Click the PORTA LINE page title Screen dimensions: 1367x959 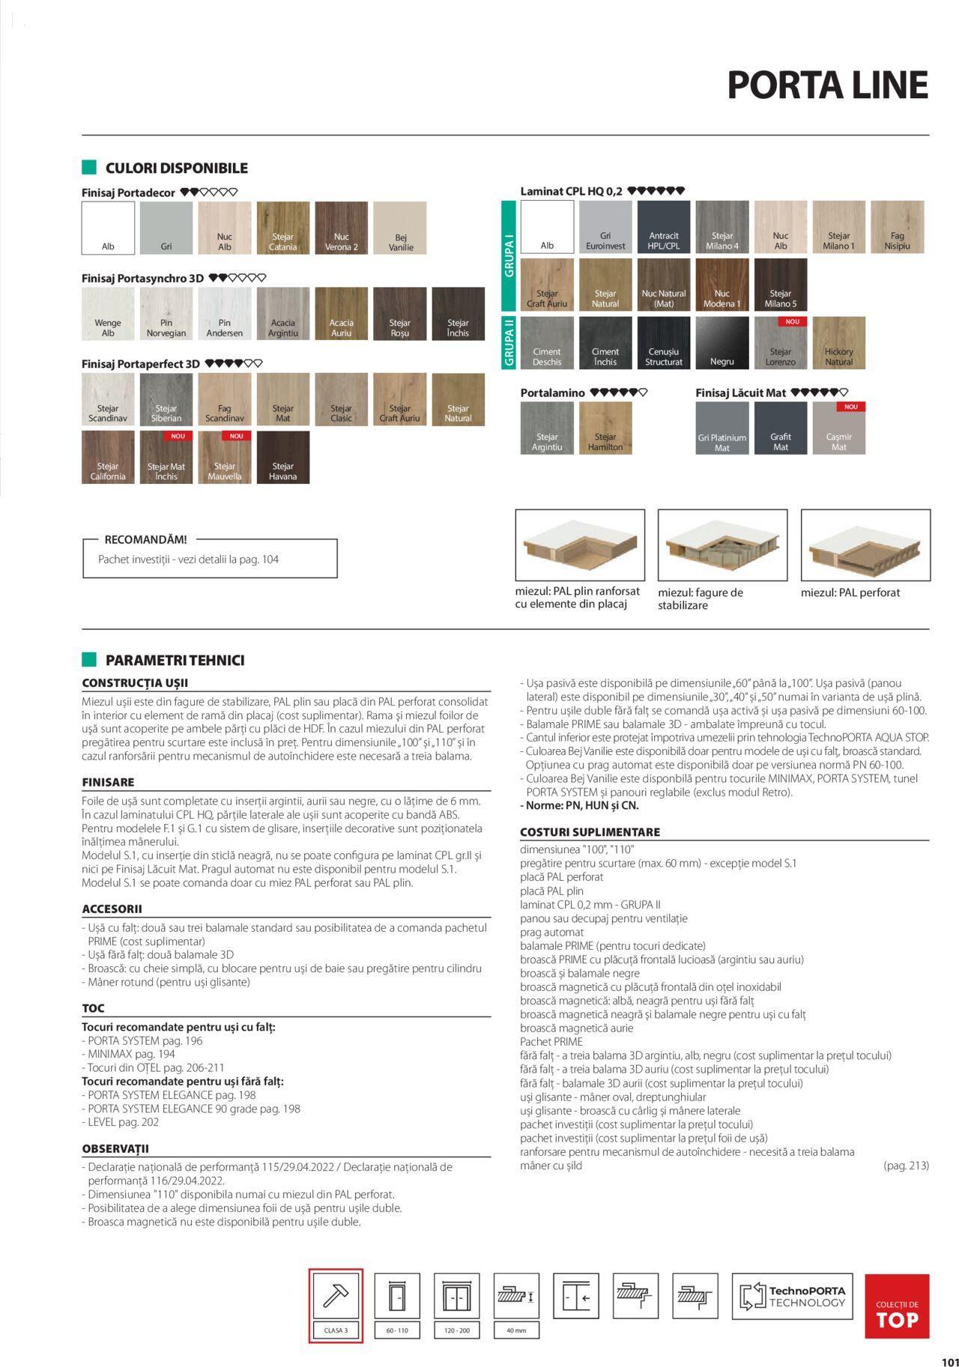(x=827, y=85)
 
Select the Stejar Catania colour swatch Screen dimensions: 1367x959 (x=283, y=228)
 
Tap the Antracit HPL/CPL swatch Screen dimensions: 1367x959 (x=664, y=227)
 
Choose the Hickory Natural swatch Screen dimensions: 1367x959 (x=839, y=342)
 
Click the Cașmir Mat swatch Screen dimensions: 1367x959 (x=839, y=428)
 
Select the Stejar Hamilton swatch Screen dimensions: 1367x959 (x=605, y=428)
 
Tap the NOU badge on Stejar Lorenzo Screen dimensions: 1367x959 (x=793, y=321)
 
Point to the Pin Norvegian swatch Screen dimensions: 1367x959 (x=166, y=314)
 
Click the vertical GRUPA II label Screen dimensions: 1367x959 (x=509, y=342)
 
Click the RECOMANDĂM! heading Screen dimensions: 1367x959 (x=145, y=539)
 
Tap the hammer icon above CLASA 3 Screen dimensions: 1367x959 (x=336, y=1296)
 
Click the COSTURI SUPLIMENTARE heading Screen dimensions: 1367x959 (x=590, y=832)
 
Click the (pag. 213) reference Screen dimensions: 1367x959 (x=906, y=1166)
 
